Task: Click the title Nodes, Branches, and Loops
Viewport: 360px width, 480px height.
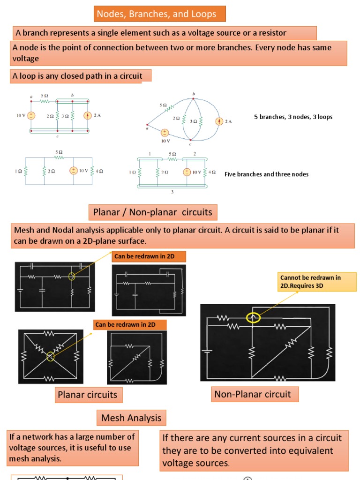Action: (x=157, y=14)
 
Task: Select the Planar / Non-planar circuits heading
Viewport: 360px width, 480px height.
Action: (x=152, y=212)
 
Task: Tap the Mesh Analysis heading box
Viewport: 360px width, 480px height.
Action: (x=131, y=418)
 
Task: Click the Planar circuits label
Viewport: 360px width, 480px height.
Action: (x=87, y=395)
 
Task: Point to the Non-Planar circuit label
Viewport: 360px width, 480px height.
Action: (x=252, y=394)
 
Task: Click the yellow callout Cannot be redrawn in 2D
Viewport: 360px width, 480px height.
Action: (x=310, y=281)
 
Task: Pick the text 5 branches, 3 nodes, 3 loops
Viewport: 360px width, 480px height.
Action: (x=293, y=117)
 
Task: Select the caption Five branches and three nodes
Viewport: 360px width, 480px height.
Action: (x=266, y=174)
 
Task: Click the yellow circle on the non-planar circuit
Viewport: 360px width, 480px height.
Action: (x=253, y=318)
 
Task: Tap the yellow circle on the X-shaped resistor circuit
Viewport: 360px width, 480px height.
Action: (x=51, y=357)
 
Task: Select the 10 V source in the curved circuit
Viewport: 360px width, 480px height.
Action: (x=165, y=134)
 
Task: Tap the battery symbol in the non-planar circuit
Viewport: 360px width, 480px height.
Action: (x=207, y=350)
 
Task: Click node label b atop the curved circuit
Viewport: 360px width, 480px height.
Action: (x=193, y=94)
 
